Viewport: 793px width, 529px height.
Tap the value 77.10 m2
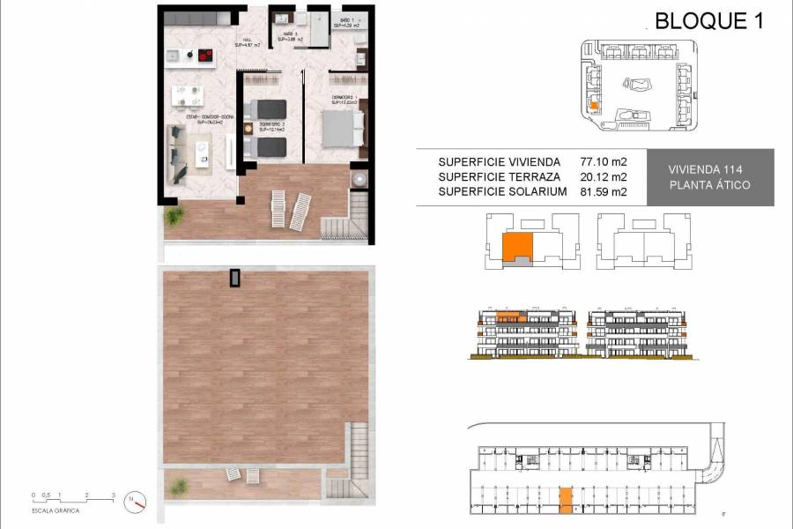pyautogui.click(x=602, y=162)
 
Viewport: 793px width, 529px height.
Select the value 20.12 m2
pyautogui.click(x=602, y=177)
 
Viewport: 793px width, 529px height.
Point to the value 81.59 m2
pyautogui.click(x=602, y=192)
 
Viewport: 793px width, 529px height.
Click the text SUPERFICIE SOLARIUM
pyautogui.click(x=501, y=192)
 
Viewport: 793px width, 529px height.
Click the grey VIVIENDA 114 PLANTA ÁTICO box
pyautogui.click(x=709, y=177)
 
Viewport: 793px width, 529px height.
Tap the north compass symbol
pyautogui.click(x=135, y=501)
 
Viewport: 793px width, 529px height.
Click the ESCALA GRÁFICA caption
pyautogui.click(x=55, y=510)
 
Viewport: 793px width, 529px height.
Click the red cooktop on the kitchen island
pyautogui.click(x=205, y=57)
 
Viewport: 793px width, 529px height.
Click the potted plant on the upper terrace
pyautogui.click(x=174, y=214)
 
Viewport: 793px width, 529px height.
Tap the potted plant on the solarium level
pyautogui.click(x=179, y=486)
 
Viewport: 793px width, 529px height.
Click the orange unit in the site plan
pyautogui.click(x=595, y=105)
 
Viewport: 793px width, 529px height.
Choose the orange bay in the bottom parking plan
pyautogui.click(x=566, y=500)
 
